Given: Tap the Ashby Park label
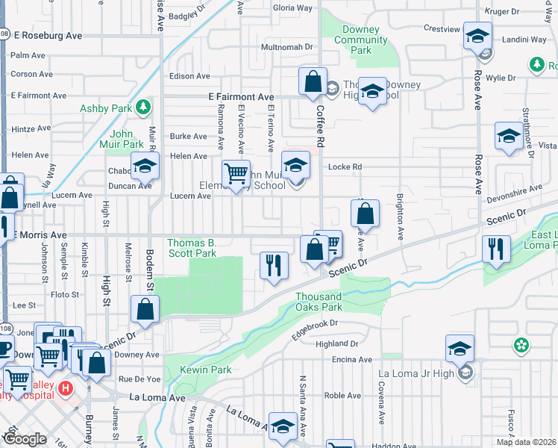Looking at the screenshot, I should (x=106, y=108).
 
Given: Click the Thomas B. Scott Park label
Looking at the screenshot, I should (x=191, y=248).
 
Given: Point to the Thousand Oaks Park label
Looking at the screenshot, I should (x=319, y=302).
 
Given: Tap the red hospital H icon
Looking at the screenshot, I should (x=66, y=389).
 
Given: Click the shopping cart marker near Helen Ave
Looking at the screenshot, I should (x=236, y=173).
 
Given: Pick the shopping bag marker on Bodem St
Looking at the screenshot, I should (x=145, y=309).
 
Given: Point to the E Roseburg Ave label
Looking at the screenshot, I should (x=48, y=35).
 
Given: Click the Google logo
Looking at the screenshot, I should (x=25, y=439).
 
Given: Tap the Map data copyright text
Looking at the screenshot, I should (x=525, y=442).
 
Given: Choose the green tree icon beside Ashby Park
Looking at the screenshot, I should (x=142, y=108).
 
